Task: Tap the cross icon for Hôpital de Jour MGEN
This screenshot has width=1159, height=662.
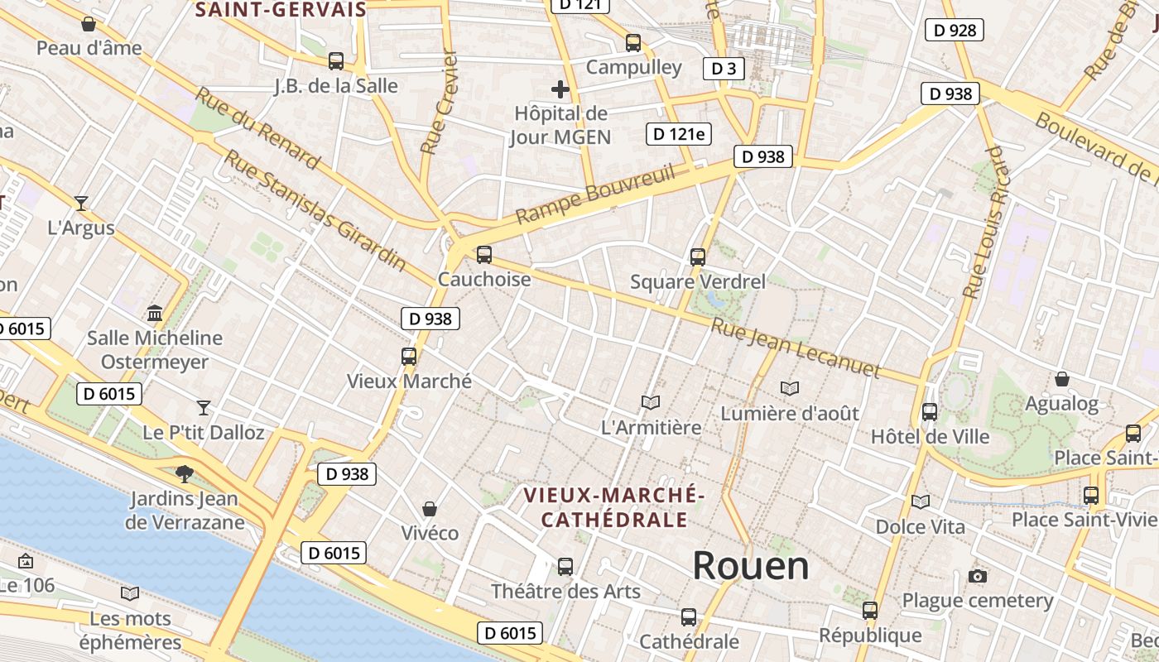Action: [560, 89]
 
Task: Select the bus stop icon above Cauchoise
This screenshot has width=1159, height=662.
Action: [484, 255]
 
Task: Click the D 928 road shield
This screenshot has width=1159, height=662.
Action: [954, 31]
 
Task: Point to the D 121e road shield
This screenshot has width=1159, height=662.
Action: [679, 134]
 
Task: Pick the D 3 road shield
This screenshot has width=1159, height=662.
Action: [724, 69]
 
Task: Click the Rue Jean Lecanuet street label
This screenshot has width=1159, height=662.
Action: [794, 348]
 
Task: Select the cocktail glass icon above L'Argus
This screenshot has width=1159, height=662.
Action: [81, 203]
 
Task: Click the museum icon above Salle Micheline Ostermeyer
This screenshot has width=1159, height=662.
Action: [155, 314]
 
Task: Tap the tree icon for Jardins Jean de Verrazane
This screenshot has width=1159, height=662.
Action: [184, 474]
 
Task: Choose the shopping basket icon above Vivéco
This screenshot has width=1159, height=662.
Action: [429, 508]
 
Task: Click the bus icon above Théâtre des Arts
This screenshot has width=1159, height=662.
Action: [565, 567]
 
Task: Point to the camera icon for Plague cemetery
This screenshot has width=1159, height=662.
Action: [978, 576]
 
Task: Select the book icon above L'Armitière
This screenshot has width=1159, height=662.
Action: [651, 403]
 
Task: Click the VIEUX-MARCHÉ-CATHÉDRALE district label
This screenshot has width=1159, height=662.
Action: [613, 507]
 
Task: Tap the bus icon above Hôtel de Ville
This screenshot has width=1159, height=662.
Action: [930, 412]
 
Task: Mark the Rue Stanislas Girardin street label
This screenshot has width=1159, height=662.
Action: [315, 211]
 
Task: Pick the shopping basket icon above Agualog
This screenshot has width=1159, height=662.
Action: [1062, 379]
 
